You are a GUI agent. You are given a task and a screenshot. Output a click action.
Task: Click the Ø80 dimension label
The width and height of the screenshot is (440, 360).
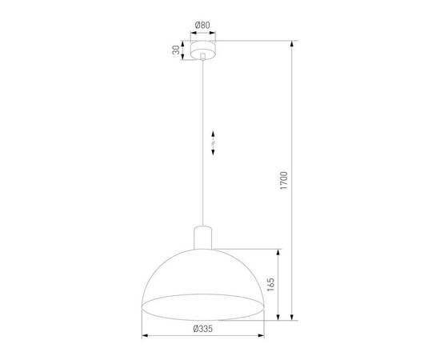pos(203,25)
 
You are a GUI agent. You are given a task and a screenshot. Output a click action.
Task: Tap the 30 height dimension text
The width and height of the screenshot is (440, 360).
pos(176,50)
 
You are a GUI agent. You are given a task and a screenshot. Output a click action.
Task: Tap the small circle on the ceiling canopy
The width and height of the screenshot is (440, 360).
pos(203,57)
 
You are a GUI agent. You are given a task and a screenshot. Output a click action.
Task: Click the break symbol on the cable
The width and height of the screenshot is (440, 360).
pos(213,142)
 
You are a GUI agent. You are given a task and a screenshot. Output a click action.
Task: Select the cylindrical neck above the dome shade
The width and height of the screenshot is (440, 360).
pos(204,237)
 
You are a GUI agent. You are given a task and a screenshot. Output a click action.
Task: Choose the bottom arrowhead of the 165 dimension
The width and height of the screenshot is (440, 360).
pos(278,316)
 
